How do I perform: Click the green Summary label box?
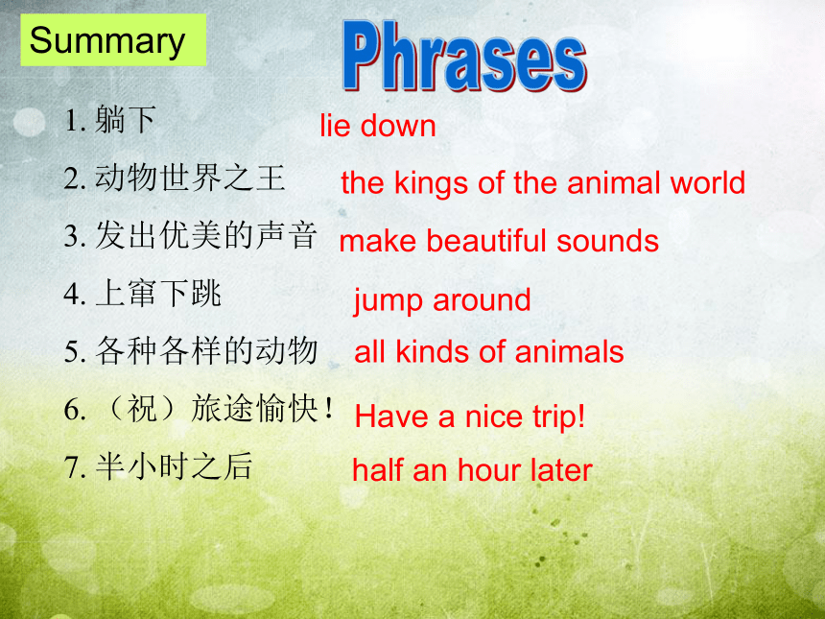tap(113, 40)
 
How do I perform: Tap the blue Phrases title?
tap(464, 57)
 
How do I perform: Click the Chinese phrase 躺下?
tap(126, 120)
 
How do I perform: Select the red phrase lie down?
tap(378, 126)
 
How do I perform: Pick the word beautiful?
tap(487, 241)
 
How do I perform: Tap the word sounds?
tap(607, 241)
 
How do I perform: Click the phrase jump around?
tap(442, 301)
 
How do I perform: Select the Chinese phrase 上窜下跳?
tap(158, 293)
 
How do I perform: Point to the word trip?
tap(558, 417)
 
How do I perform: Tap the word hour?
tap(490, 469)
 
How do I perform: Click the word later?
tap(561, 469)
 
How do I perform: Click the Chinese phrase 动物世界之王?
tap(190, 178)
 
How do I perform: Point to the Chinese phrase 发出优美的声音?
tap(206, 235)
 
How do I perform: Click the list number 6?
tap(72, 410)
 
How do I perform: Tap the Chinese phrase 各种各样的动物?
tap(206, 350)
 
